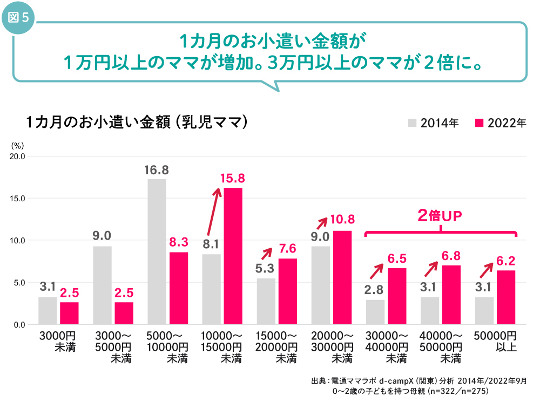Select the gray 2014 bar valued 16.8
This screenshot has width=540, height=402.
pyautogui.click(x=157, y=251)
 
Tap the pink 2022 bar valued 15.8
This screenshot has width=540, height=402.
pyautogui.click(x=233, y=256)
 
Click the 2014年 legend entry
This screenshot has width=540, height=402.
pyautogui.click(x=433, y=122)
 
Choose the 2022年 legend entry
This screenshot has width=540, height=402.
pyautogui.click(x=500, y=122)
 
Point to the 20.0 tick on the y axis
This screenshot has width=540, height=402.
pyautogui.click(x=17, y=156)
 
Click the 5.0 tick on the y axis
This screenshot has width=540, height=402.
pyautogui.click(x=18, y=282)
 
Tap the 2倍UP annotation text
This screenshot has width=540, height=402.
pyautogui.click(x=441, y=216)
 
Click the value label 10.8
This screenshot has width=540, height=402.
pyautogui.click(x=342, y=220)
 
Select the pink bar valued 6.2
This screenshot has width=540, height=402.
pyautogui.click(x=506, y=297)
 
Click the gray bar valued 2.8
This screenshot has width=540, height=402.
pyautogui.click(x=375, y=312)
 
